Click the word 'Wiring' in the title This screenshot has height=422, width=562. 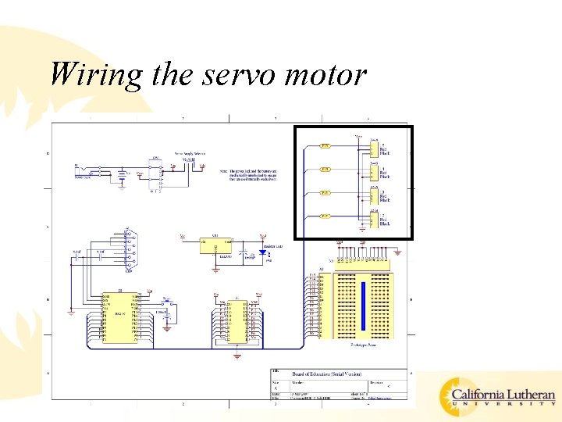[x=95, y=74]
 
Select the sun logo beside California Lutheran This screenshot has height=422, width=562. [x=456, y=396]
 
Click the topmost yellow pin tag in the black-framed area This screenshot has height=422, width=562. [x=325, y=145]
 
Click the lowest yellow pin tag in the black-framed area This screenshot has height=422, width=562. [x=325, y=216]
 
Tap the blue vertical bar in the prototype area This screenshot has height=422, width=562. [x=362, y=305]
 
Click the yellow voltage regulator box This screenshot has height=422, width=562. [x=208, y=244]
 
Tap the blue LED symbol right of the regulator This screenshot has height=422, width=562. [x=250, y=253]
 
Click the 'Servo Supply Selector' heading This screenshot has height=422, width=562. [x=190, y=153]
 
